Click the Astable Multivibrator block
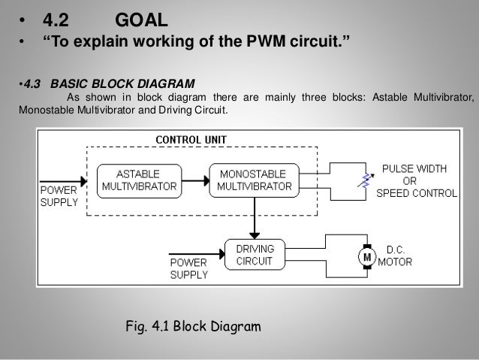click(140, 181)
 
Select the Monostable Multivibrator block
click(255, 180)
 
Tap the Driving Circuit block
click(255, 255)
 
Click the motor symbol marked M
click(367, 257)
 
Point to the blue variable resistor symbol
click(366, 180)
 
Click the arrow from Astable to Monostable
click(196, 180)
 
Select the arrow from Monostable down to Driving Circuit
click(255, 219)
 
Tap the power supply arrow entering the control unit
click(63, 181)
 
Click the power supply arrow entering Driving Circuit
click(197, 254)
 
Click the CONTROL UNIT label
click(191, 140)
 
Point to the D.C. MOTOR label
click(395, 256)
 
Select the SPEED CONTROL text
click(417, 193)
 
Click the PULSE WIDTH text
click(414, 168)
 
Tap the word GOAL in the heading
click(141, 20)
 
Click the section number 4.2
click(56, 20)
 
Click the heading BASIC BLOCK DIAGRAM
click(122, 84)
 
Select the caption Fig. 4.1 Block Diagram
click(194, 326)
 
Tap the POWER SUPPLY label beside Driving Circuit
click(189, 268)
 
